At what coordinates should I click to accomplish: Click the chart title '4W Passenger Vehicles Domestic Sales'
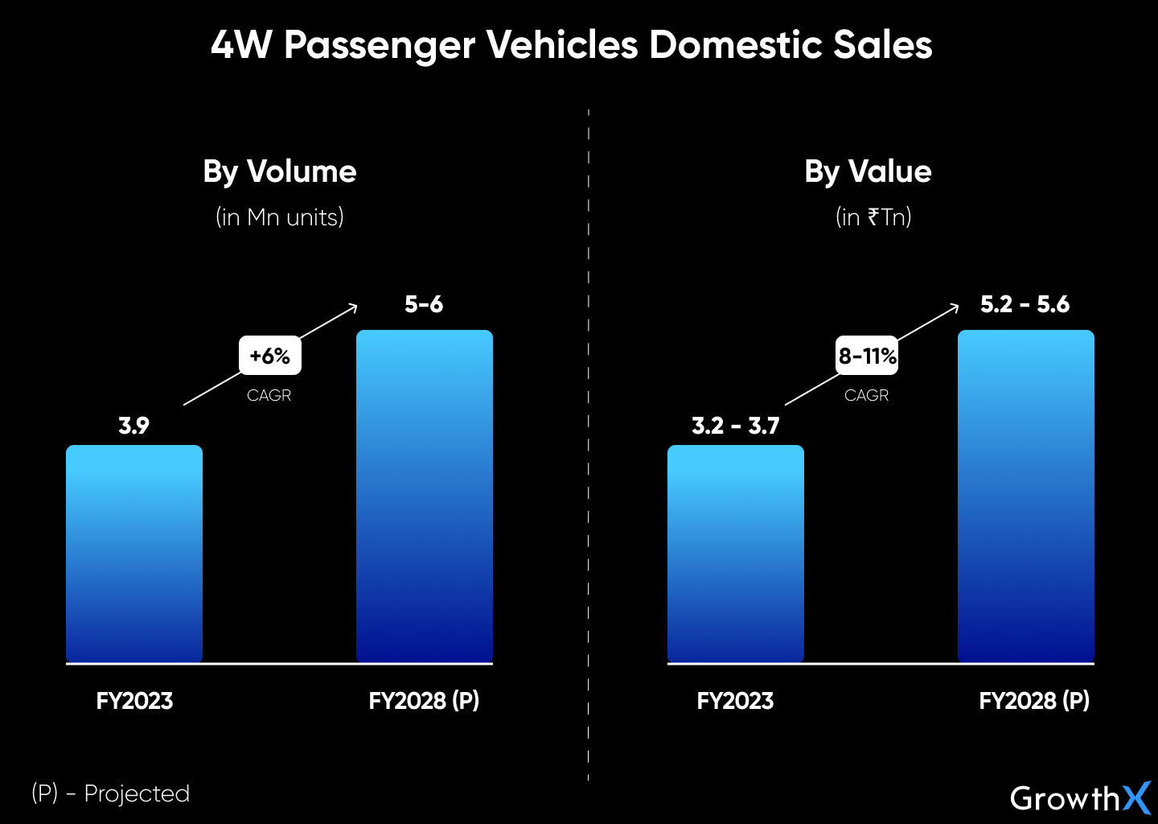click(571, 45)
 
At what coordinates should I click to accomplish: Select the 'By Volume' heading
click(279, 171)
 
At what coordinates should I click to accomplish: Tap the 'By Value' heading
click(868, 171)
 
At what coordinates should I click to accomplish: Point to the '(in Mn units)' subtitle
click(279, 217)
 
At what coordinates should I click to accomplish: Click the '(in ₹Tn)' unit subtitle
click(873, 217)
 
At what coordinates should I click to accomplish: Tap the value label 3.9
click(133, 426)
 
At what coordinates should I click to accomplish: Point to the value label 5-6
click(424, 304)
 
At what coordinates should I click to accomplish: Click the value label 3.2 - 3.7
click(735, 426)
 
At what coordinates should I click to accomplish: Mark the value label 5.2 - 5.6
click(1025, 304)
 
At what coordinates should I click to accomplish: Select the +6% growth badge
click(269, 356)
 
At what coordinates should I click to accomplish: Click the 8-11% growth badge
click(867, 356)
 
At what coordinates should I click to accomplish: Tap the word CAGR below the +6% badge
click(269, 395)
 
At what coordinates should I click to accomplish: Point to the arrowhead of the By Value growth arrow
click(955, 307)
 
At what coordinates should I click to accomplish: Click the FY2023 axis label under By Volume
click(134, 701)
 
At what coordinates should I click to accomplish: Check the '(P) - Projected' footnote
click(110, 793)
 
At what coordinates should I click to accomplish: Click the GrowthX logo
click(1079, 798)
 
